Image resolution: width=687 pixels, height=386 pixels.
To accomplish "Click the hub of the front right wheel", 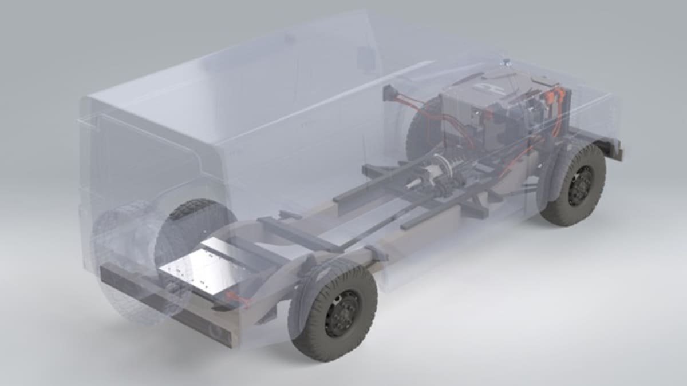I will [580, 185].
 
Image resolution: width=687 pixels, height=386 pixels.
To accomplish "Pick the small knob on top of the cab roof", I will [506, 59].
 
